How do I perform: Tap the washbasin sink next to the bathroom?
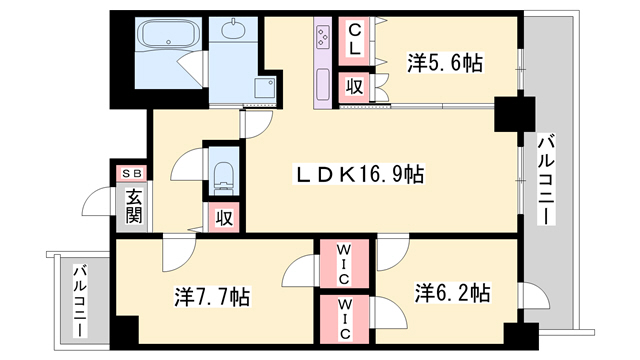point(233,29)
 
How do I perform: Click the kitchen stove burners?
point(323,37)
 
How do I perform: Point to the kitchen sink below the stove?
point(323,85)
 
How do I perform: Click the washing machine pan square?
point(265,88)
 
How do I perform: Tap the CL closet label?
point(354,40)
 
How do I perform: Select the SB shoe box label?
point(132,173)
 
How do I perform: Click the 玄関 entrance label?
point(133,207)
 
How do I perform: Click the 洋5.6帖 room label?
point(445,64)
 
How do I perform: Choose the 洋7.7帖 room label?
point(212,297)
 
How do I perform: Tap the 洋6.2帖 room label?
point(452,293)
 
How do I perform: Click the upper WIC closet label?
point(344,264)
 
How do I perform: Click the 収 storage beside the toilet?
point(224,218)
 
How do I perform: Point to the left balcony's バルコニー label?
point(80,301)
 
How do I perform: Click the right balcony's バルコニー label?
point(546,181)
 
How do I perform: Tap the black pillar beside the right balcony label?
point(515,114)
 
